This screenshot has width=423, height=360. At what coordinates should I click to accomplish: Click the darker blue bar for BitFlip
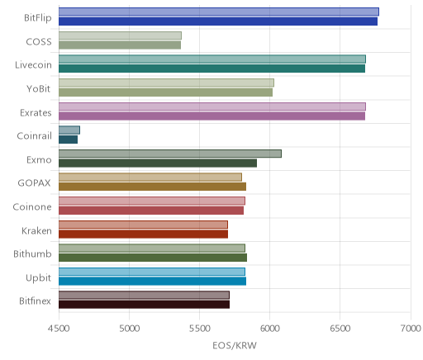(218, 21)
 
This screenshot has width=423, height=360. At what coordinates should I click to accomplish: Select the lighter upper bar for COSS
(120, 36)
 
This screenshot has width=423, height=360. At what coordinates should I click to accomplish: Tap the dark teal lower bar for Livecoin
(211, 69)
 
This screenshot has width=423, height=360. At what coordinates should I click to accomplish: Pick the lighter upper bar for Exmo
(170, 154)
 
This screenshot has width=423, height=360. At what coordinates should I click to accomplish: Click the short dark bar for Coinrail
(68, 140)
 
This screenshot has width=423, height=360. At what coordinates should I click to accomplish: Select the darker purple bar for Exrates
(211, 116)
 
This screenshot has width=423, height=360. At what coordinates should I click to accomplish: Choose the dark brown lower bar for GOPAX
(152, 187)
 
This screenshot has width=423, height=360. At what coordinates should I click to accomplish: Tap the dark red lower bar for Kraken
(143, 234)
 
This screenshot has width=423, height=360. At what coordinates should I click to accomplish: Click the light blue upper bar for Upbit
(152, 272)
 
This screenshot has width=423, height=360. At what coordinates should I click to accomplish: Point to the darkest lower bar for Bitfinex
(144, 305)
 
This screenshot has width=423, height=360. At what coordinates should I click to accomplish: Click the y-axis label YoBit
(39, 89)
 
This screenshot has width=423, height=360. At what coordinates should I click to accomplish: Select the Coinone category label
(32, 207)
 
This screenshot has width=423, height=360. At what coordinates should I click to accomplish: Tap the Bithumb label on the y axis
(32, 253)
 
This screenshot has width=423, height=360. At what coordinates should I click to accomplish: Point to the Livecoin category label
(33, 65)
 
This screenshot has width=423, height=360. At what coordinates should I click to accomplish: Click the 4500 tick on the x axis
(59, 329)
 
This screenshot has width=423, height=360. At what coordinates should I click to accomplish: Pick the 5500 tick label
(200, 329)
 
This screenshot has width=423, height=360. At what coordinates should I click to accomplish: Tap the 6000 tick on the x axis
(270, 329)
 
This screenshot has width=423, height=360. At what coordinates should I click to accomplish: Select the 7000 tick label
(411, 329)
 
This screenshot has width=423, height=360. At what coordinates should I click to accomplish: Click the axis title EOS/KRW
(235, 345)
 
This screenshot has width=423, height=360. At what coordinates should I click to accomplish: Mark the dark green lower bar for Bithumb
(153, 258)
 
